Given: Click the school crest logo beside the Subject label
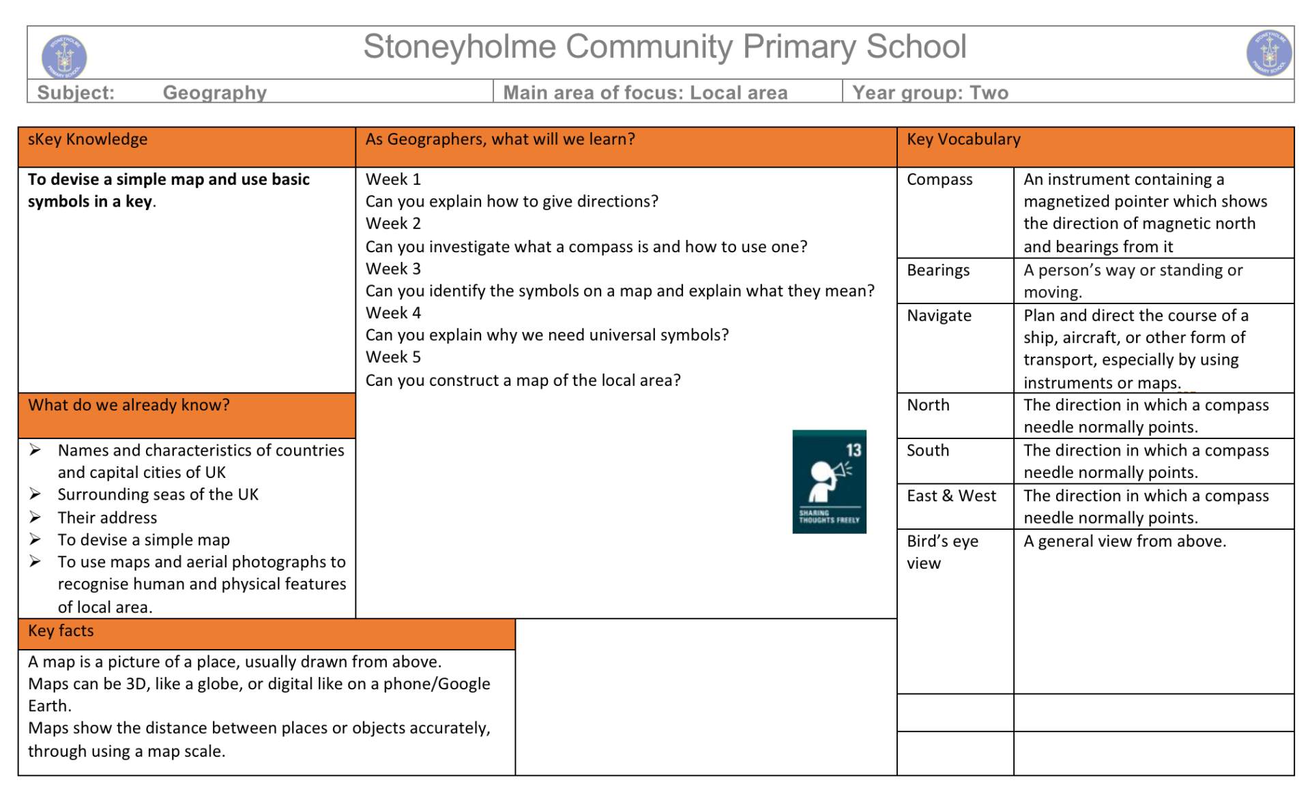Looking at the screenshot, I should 64,57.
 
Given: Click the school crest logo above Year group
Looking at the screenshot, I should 1269,52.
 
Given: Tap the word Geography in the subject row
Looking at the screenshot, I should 214,93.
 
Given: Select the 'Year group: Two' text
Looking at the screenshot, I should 930,93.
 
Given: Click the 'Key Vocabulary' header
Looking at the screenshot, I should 963,139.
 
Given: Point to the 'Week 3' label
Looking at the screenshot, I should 393,269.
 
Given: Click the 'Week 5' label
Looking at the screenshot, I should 393,357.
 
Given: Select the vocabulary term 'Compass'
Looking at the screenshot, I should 940,179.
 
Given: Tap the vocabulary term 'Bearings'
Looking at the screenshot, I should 938,270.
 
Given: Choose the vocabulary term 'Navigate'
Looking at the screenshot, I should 939,316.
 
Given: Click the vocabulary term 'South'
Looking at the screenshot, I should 928,451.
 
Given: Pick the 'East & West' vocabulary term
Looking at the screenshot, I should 951,496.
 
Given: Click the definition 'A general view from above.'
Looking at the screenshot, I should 1124,541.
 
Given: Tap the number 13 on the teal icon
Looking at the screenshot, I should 854,450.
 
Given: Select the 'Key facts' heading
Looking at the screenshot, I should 61,631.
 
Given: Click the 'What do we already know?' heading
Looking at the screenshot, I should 129,405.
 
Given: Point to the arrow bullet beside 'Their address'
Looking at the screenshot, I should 35,517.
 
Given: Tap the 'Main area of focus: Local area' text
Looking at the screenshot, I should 645,93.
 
